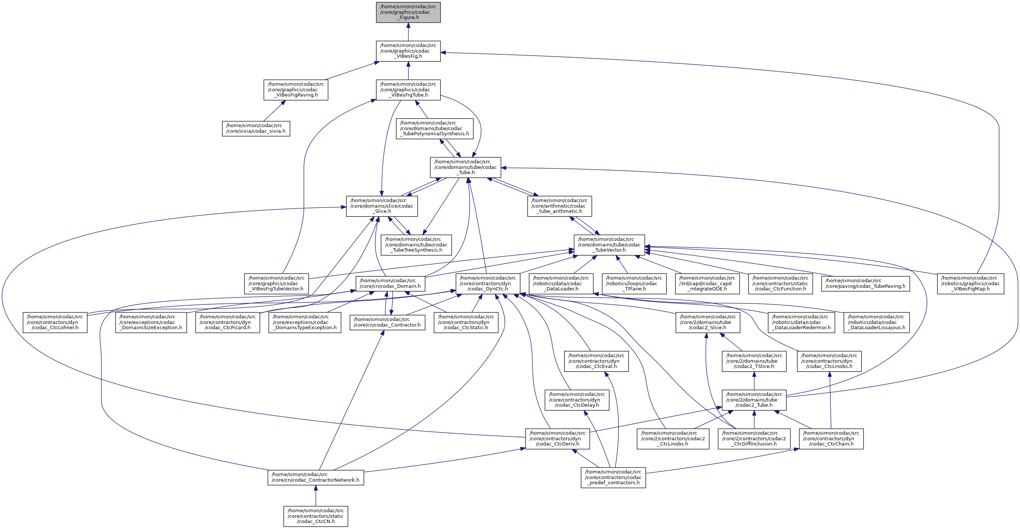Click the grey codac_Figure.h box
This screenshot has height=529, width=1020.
coord(408,12)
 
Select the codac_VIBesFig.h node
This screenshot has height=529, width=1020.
coord(408,51)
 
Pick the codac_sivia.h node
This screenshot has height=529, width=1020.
coord(256,129)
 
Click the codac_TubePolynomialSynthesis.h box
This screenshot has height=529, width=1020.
coord(434,129)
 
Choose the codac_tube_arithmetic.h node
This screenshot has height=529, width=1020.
coord(559,206)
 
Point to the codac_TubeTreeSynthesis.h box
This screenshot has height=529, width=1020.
coord(416,245)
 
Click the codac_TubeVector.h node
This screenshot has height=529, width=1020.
coord(609,245)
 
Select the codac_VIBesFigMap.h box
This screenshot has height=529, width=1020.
coord(970,284)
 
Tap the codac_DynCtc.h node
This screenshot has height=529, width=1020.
coord(487,284)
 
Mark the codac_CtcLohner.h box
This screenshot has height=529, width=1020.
coord(54,322)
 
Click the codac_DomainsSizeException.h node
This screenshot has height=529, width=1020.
coord(151,322)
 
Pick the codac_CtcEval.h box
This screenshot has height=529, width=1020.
coord(596,361)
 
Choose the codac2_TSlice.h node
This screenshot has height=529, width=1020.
coord(754,361)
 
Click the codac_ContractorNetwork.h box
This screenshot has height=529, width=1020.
coord(316,478)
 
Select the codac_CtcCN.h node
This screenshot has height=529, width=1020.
coord(316,516)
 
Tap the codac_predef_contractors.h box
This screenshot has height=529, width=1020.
coord(613,478)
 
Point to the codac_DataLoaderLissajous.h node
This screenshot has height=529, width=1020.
coord(876,322)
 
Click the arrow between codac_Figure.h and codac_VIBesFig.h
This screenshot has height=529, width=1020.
coord(408,32)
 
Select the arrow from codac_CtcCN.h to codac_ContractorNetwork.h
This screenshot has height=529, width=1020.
coord(316,496)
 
